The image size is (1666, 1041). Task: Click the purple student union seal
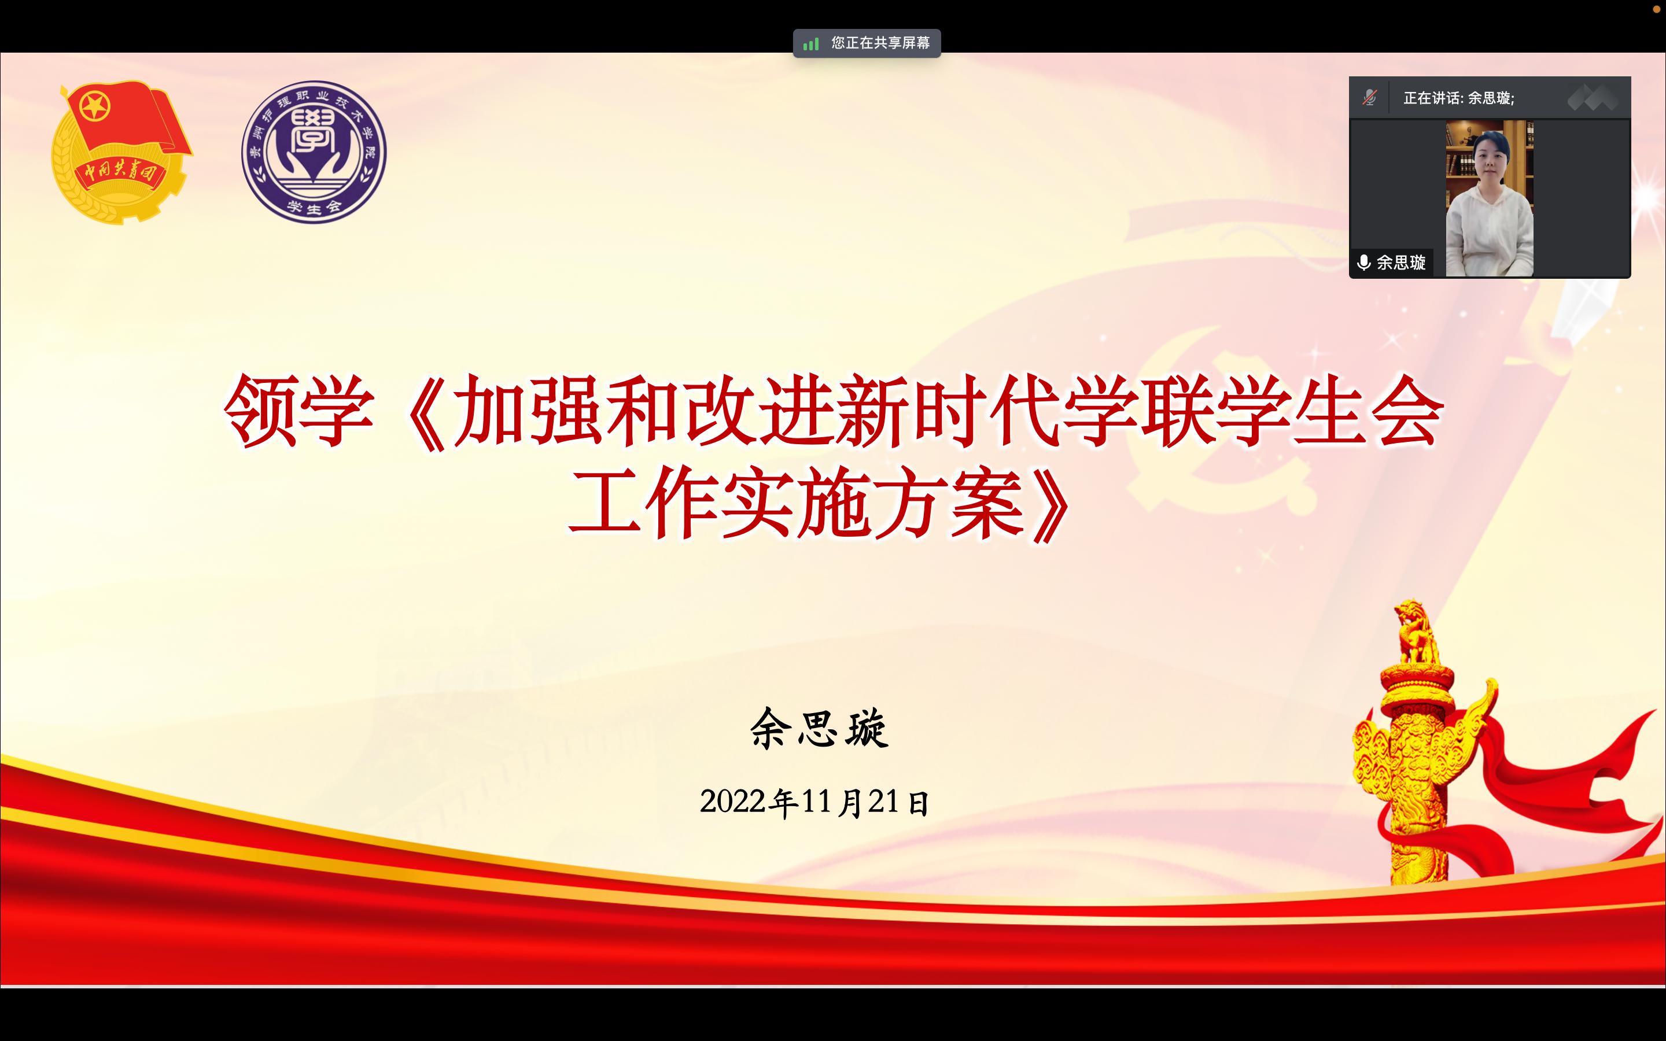tap(314, 152)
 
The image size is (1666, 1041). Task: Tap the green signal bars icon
tap(811, 44)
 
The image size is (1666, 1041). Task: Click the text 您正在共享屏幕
tap(880, 43)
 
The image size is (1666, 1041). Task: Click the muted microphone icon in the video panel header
tap(1369, 98)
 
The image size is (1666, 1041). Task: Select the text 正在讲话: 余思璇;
tap(1459, 98)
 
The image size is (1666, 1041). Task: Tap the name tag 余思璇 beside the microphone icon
tap(1401, 263)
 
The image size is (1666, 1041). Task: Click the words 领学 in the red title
tap(298, 411)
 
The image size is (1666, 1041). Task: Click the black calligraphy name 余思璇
tap(819, 728)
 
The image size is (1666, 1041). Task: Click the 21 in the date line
tap(883, 802)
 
